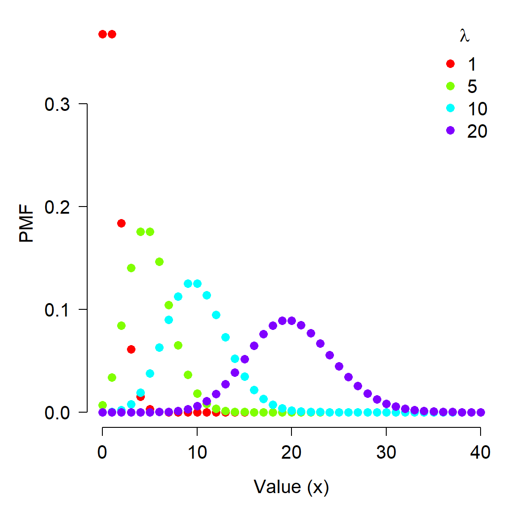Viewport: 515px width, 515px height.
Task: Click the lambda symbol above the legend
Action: [464, 36]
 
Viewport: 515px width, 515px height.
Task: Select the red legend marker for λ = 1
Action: [450, 64]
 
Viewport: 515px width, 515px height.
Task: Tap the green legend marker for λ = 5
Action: [450, 86]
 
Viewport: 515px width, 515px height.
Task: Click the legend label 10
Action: [477, 109]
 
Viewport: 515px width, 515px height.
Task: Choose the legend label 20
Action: [477, 131]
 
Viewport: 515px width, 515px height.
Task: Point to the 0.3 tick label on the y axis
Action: [57, 104]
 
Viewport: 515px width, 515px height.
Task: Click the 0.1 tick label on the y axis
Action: [57, 310]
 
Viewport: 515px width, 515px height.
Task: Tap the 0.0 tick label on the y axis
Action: [57, 413]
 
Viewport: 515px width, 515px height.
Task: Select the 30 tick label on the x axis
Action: [386, 452]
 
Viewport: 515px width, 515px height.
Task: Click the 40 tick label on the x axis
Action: [480, 452]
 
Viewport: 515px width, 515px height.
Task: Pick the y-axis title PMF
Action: [27, 224]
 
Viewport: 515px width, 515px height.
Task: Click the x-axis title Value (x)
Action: [291, 486]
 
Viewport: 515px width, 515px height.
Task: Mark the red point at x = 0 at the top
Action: [102, 34]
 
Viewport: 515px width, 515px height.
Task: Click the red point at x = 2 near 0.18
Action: [121, 223]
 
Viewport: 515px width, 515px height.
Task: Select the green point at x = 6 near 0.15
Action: [159, 262]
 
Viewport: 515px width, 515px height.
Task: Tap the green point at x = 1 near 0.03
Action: [112, 377]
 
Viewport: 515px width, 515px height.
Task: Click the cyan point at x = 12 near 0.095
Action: [216, 315]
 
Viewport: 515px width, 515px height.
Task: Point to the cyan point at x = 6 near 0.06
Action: [159, 347]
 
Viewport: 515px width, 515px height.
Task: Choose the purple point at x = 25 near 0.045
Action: [339, 366]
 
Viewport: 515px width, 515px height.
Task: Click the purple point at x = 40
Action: [481, 412]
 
